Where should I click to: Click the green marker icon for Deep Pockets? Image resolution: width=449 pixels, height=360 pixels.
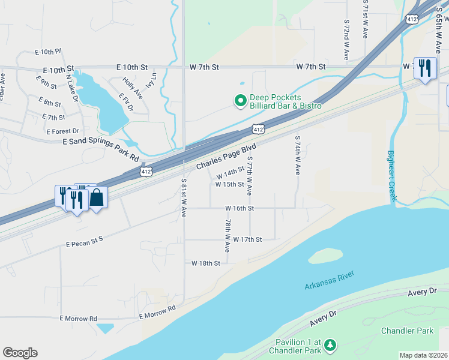click(240, 101)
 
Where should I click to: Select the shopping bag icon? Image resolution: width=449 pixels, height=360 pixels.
click(97, 197)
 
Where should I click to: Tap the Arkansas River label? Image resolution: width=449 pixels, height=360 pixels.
click(329, 280)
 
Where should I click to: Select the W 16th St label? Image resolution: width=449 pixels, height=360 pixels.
click(240, 208)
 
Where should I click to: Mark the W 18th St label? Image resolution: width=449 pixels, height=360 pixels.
click(206, 263)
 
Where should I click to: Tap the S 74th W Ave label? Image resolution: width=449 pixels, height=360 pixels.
click(297, 155)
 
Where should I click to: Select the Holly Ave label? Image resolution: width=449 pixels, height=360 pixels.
click(132, 87)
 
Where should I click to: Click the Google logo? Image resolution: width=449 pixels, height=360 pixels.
click(20, 353)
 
